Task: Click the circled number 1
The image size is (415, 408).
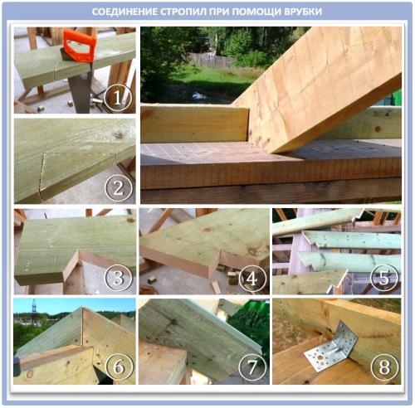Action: point(118,97)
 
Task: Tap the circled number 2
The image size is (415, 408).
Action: point(118,188)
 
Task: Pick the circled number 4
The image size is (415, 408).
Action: point(251,279)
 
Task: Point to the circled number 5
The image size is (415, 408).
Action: point(384,279)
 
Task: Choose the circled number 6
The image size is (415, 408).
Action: point(120,367)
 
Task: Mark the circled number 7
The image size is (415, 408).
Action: point(251,367)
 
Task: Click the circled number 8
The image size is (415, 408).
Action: point(384,367)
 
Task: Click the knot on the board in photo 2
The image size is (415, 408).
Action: point(119,135)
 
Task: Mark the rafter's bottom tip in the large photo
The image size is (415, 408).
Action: point(276,153)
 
